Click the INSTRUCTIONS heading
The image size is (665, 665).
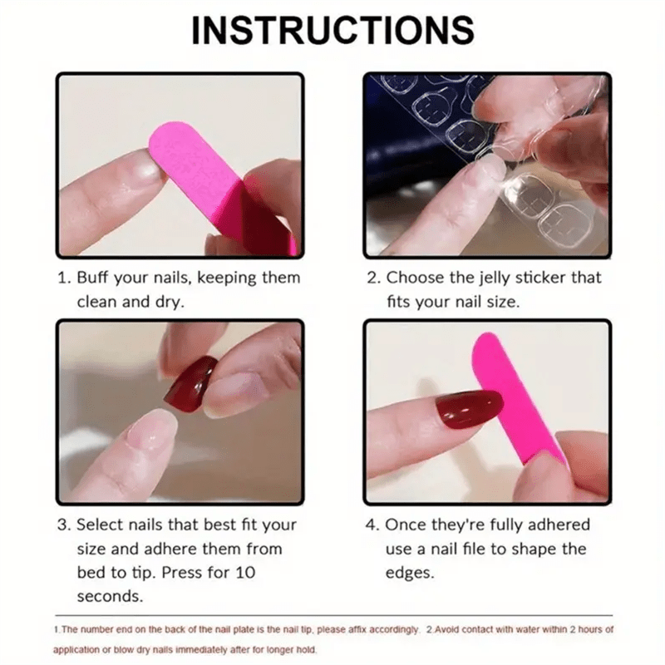(x=332, y=31)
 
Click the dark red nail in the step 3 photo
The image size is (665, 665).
(x=190, y=382)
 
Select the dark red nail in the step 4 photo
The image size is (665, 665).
(x=470, y=409)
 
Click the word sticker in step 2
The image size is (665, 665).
(x=552, y=278)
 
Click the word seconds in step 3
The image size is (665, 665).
(x=110, y=597)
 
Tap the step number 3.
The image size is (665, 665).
(x=62, y=525)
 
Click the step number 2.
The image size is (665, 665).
(x=372, y=278)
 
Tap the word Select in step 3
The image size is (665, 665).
(x=100, y=525)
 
